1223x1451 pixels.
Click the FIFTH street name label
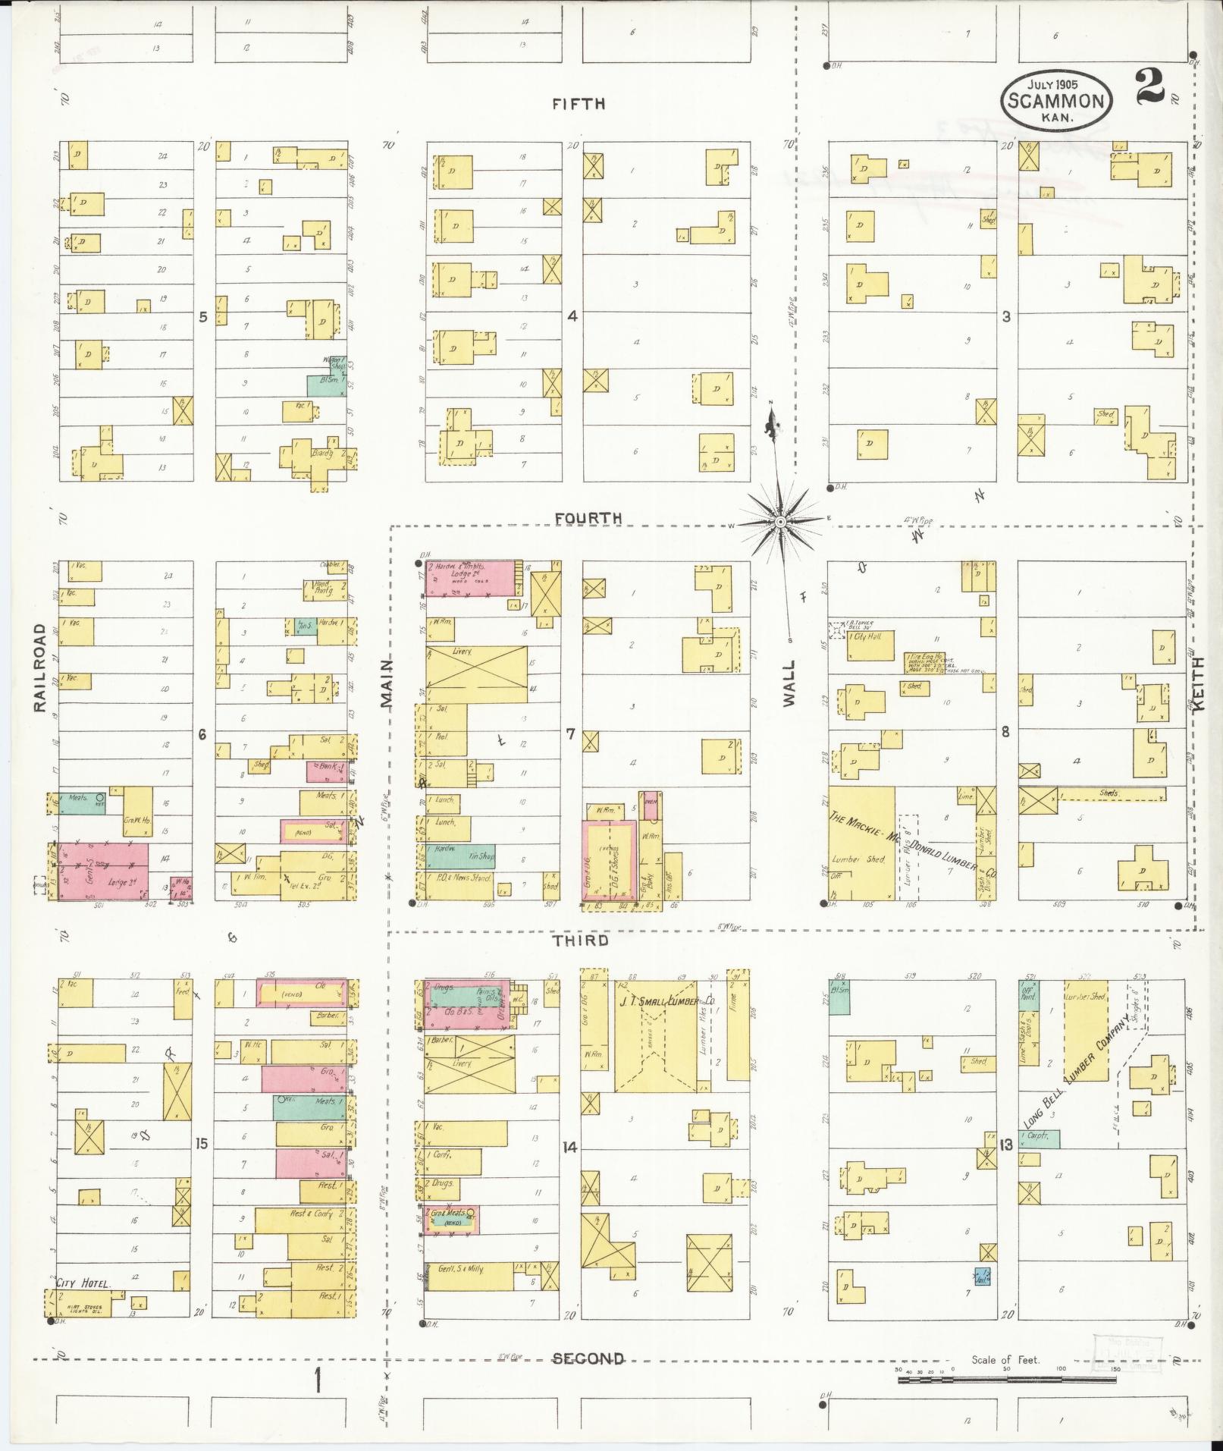click(579, 104)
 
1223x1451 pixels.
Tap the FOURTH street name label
click(588, 518)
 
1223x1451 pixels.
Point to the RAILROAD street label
click(40, 667)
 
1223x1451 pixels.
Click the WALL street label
click(790, 683)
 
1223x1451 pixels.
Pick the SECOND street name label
click(588, 1358)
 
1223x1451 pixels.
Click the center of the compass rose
click(780, 523)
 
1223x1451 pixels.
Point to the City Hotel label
click(83, 1283)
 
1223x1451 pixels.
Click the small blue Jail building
click(982, 1276)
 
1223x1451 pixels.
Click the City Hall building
click(870, 647)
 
